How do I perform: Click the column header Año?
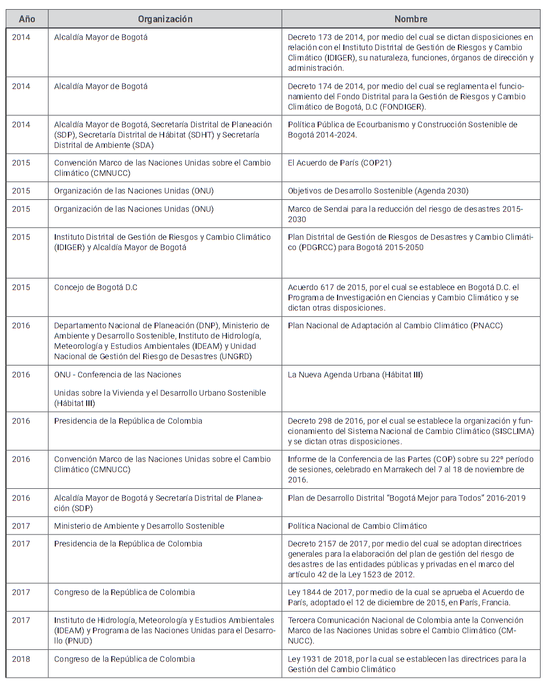pyautogui.click(x=27, y=19)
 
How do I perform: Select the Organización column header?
pyautogui.click(x=165, y=19)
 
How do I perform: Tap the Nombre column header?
pyautogui.click(x=411, y=19)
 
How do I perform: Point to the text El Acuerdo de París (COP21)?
pyautogui.click(x=339, y=163)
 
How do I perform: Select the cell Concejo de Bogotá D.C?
pyautogui.click(x=96, y=287)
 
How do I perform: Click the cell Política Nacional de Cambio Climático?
pyautogui.click(x=357, y=525)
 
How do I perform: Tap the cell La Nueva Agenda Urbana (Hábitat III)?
pyautogui.click(x=355, y=375)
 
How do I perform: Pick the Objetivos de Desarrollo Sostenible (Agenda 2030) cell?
pyautogui.click(x=378, y=191)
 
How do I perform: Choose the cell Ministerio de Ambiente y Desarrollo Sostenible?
pyautogui.click(x=139, y=525)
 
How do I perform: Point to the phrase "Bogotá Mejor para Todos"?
pyautogui.click(x=432, y=498)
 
